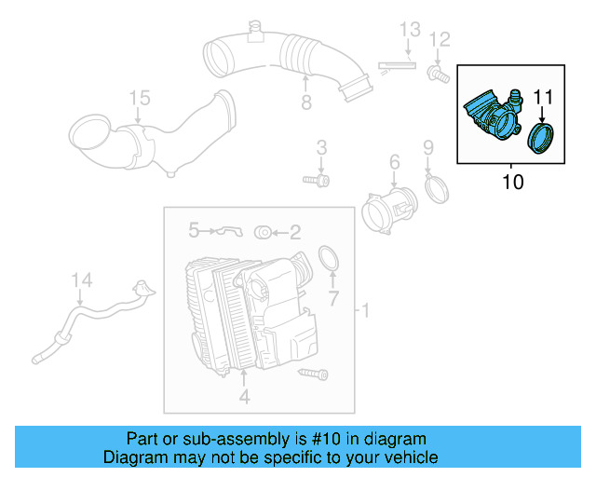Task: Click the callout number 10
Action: [512, 181]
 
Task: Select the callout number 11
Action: [542, 96]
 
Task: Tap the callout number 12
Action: [440, 39]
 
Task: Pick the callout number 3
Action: [320, 147]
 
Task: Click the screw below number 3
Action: [316, 177]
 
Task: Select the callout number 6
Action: [394, 163]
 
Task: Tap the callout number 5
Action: [194, 228]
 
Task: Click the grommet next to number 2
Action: [262, 231]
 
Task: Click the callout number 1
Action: [365, 309]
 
